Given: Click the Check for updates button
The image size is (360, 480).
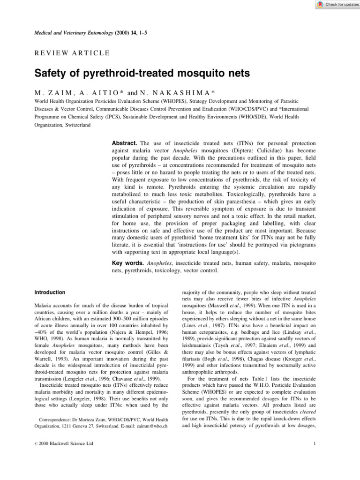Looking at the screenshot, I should (335, 5).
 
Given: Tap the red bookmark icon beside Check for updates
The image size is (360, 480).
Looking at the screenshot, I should (320, 5).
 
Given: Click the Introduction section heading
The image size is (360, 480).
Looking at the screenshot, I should (50, 292).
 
